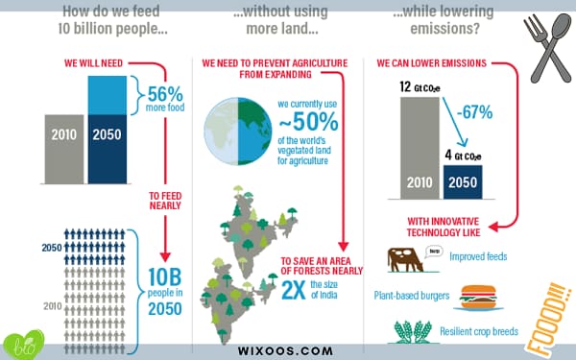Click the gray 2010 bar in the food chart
pos(64,149)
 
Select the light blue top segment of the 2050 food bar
pos(108,95)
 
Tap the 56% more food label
pos(165,99)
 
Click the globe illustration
pos(238,132)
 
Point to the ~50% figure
pos(308,122)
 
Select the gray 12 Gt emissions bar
pos(420,148)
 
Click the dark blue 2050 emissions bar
pos(463,182)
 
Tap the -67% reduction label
pos(474,112)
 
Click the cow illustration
pos(405,260)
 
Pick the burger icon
pos(478,297)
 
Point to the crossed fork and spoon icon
pos(547,48)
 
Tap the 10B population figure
pos(164,276)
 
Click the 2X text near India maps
pos(294,290)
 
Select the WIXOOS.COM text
pos(285,350)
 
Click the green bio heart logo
pos(24,345)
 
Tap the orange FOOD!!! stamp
pos(549,319)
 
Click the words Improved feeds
pos(478,256)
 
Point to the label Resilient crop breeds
pos(479,331)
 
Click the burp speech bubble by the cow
pos(434,252)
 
